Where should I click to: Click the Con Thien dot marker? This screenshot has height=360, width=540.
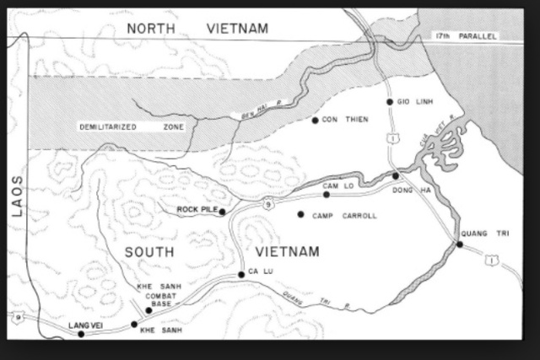point(315,121)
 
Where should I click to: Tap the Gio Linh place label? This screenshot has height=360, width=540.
point(414,102)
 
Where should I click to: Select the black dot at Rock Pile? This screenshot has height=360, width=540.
point(223,212)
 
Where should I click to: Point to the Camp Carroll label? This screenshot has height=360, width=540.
point(344,216)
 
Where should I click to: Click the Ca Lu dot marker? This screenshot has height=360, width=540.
point(241,274)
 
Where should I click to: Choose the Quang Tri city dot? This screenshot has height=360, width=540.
point(460,244)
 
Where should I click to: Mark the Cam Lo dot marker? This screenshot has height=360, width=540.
point(327,195)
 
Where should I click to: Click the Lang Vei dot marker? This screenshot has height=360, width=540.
point(81,334)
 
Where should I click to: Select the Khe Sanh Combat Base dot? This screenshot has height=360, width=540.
point(149,310)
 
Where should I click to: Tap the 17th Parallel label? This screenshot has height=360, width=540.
point(463,36)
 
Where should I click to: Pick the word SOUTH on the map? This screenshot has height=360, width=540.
point(149,251)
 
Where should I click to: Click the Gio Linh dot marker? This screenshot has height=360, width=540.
point(390,102)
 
